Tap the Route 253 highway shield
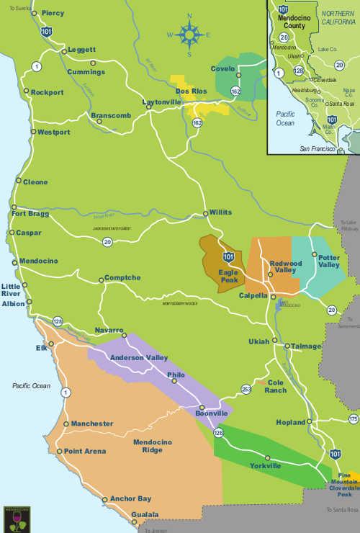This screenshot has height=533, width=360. [x=246, y=390]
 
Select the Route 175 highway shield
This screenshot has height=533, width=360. [x=353, y=418]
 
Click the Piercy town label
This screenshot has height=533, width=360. [x=53, y=13]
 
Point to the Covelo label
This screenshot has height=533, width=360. [x=223, y=68]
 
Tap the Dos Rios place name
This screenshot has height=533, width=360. [x=192, y=91]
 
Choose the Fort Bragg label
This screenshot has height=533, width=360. [x=30, y=213]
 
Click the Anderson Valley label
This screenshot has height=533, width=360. [x=138, y=357]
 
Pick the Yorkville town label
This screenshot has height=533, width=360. [x=266, y=466]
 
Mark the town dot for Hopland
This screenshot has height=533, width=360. [x=310, y=422]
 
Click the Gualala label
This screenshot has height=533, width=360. [x=145, y=515]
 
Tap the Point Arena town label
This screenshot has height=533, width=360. [x=85, y=452]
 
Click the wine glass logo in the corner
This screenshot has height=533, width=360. [x=17, y=518]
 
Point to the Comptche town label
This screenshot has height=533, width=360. [x=122, y=278]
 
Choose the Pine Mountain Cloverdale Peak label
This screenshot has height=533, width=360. [x=345, y=485]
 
